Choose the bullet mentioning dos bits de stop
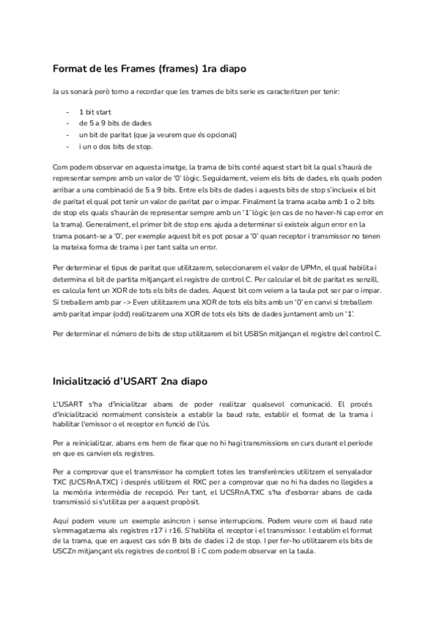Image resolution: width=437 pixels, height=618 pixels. [x=115, y=146]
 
